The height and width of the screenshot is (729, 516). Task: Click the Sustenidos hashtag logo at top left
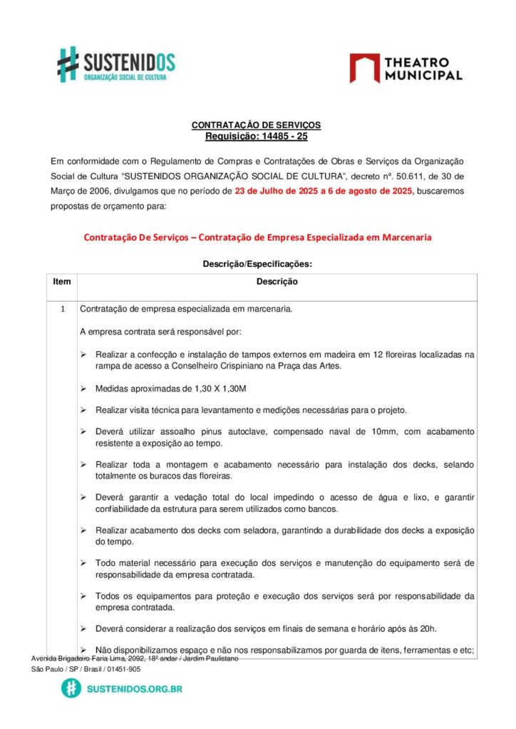68,64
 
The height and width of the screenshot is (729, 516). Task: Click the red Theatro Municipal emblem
364,68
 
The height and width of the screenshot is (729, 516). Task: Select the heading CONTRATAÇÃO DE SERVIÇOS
256,125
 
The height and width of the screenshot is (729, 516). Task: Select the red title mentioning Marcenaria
257,237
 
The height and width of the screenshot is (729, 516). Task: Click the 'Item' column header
62,282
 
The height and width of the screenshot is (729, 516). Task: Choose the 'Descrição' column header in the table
277,282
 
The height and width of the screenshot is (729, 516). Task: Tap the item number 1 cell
62,310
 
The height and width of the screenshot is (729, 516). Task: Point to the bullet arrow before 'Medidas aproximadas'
83,389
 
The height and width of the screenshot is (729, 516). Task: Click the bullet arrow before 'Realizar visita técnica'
83,411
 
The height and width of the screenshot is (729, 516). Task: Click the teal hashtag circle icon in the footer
71,688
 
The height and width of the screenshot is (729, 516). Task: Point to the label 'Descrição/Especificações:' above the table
257,263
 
